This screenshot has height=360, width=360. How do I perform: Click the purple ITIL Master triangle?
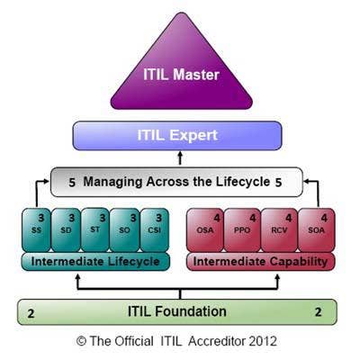pos(182,72)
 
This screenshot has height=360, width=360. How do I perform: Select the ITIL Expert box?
pos(177,136)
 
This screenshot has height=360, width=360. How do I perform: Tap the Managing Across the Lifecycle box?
pos(176,182)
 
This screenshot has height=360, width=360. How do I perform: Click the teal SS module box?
pos(36,230)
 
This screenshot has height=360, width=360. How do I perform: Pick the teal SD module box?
pos(66,230)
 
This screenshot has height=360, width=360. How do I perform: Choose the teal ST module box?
pos(95,229)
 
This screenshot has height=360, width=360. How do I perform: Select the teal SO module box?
pos(124,230)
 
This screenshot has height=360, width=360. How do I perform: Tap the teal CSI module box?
pos(155,230)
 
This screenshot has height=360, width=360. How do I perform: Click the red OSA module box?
pos(205,230)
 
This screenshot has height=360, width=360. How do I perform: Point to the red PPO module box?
pos(242,230)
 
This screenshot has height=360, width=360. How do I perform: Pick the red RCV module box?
pos(279,230)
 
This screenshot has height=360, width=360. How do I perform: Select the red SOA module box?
pos(317,230)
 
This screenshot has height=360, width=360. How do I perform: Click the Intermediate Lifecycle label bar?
pos(95,262)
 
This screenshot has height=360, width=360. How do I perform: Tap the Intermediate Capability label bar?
pos(260,262)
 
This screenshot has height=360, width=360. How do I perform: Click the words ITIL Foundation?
pos(177,311)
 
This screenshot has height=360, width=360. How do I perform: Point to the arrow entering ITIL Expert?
pos(180,158)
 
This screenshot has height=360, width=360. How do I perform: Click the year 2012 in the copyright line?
pos(263,341)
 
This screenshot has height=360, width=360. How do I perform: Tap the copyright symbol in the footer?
pos(81,341)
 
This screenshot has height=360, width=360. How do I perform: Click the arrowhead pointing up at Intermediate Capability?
pos(277,276)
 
